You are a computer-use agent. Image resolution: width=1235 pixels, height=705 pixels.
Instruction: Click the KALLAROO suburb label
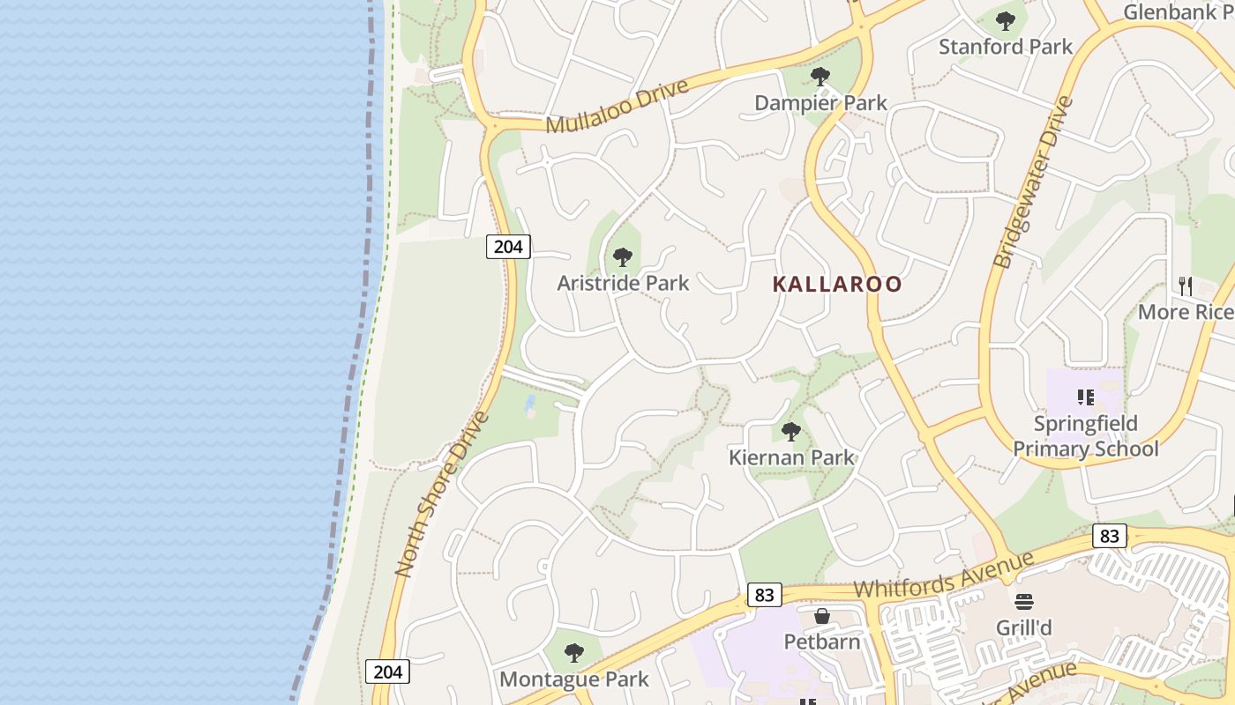point(837,284)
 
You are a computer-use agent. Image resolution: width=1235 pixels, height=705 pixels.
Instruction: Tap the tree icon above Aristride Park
point(623,257)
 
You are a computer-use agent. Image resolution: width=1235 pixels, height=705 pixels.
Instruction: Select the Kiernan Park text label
point(791,457)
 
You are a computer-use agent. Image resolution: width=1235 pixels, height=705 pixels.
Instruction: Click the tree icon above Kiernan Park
point(791,432)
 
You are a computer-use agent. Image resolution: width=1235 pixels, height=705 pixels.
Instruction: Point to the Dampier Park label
point(820,103)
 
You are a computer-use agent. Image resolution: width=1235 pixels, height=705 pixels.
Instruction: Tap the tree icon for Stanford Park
point(1005,21)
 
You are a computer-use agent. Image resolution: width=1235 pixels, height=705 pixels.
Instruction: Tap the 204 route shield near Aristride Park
point(508,247)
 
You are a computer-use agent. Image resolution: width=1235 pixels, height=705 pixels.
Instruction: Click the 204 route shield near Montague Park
point(387,672)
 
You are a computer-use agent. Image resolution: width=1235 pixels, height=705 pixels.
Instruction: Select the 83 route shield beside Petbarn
point(764,595)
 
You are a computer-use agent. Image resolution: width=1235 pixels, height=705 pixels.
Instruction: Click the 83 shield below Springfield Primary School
point(1109,536)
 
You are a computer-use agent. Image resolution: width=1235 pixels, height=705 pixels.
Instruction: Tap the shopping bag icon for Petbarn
point(822,616)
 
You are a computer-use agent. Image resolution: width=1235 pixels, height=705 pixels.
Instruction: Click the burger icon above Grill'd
point(1023,603)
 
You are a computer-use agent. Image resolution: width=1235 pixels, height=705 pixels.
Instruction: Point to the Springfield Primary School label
point(1085,436)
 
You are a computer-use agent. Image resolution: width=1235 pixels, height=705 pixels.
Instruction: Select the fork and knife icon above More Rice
point(1186,286)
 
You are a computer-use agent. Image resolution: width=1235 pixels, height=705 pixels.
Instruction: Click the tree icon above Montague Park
point(574,653)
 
